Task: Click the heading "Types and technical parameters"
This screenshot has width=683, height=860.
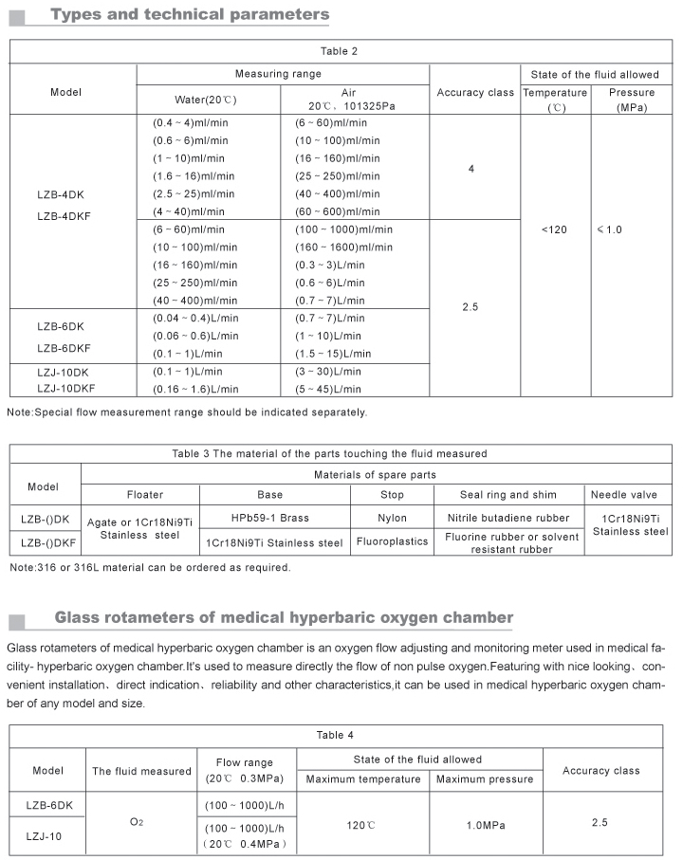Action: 191,14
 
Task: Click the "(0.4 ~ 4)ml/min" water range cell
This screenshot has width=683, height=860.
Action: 190,123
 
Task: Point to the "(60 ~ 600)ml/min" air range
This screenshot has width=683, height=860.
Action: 337,211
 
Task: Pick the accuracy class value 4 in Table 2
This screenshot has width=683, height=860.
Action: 471,168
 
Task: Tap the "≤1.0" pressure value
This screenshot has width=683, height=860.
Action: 609,229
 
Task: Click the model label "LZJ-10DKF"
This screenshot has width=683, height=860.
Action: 65,389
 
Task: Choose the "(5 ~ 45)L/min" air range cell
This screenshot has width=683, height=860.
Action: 328,389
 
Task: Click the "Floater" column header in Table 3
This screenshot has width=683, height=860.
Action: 145,494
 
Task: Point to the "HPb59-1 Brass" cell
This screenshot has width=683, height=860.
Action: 269,518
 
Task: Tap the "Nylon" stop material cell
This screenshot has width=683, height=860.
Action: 391,518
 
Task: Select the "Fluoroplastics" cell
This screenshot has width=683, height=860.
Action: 391,542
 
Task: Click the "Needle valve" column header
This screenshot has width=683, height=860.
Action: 623,494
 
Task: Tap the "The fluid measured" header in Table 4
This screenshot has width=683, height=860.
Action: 141,771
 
